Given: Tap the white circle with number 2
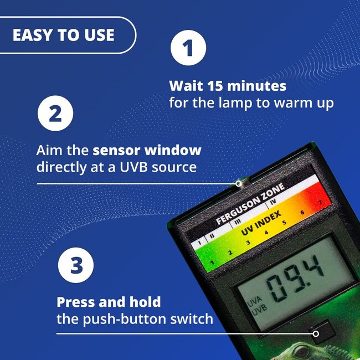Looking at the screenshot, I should tap(55, 115).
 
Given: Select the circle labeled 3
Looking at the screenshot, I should tap(76, 265).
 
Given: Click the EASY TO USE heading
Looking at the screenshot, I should tap(63, 35).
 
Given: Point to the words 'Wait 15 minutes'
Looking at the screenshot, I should tap(228, 86).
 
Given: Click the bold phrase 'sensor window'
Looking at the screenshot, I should tap(147, 151).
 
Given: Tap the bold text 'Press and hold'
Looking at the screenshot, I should tap(109, 302).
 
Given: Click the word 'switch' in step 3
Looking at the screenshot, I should tap(194, 319).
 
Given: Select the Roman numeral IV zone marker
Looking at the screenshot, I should tap(288, 203).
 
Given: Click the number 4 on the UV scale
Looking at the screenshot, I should tap(266, 233).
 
